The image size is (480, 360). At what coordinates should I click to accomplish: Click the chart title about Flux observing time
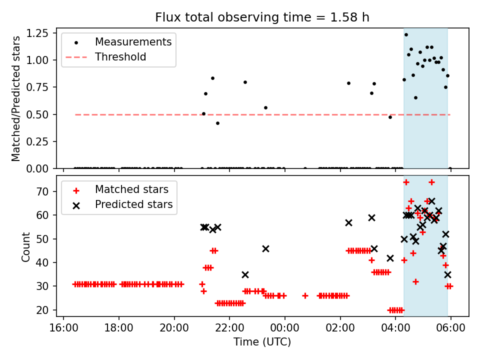pyautogui.click(x=262, y=17)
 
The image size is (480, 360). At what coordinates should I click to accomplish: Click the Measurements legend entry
pyautogui.click(x=133, y=41)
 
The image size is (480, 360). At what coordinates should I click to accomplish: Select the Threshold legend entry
pyautogui.click(x=120, y=57)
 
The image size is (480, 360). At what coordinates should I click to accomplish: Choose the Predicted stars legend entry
pyautogui.click(x=133, y=204)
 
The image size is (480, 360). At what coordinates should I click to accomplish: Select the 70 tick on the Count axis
pyautogui.click(x=49, y=191)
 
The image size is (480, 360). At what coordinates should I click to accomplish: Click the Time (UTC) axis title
pyautogui.click(x=262, y=342)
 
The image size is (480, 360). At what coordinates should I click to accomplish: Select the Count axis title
pyautogui.click(x=26, y=247)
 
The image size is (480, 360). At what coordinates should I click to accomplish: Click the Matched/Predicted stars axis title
pyautogui.click(x=16, y=98)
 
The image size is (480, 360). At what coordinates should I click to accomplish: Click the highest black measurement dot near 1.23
pyautogui.click(x=406, y=34)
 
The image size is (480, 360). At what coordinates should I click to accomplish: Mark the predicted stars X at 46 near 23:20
pyautogui.click(x=265, y=248)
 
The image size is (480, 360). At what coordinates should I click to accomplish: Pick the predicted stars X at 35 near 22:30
pyautogui.click(x=245, y=274)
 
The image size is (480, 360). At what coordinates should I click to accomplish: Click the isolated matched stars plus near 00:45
pyautogui.click(x=305, y=296)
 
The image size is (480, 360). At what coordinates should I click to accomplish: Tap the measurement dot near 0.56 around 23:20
pyautogui.click(x=265, y=107)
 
